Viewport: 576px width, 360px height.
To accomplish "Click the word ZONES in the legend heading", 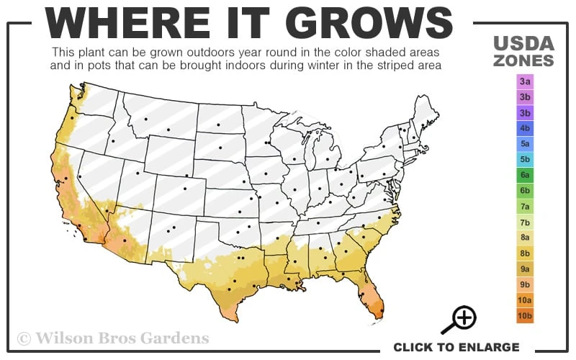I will tap(523, 60).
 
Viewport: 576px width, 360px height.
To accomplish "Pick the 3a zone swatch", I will tap(525, 81).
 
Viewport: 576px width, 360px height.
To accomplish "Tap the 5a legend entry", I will tap(525, 144).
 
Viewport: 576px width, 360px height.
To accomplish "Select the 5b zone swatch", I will tap(525, 159).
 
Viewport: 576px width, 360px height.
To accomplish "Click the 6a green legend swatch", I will tap(525, 175).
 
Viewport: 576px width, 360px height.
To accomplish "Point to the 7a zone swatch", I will tap(525, 207).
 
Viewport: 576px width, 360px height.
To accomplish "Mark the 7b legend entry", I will tap(525, 222).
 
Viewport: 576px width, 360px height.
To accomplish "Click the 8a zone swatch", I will tap(525, 238).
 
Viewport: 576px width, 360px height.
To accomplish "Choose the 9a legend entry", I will tap(525, 269).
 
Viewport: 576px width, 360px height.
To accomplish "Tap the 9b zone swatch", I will tap(525, 284).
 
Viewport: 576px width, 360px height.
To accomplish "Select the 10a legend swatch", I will tap(525, 300).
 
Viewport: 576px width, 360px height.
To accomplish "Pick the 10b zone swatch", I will tap(525, 315).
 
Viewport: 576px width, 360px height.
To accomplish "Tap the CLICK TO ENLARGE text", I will tap(456, 347).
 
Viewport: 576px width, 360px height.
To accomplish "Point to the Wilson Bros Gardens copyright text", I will tap(113, 338).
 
